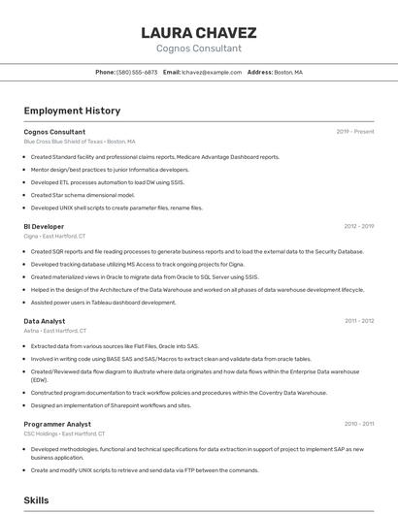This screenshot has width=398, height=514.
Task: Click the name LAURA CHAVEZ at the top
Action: [x=198, y=32]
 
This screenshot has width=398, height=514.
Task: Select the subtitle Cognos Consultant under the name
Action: [x=198, y=48]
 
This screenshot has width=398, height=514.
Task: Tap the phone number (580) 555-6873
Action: [x=137, y=73]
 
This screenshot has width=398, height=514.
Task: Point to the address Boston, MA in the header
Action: [x=288, y=73]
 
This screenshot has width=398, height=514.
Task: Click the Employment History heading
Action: [x=72, y=112]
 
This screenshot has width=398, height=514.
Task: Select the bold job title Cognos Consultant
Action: [x=54, y=132]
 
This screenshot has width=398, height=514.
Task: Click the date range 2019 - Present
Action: [x=355, y=132]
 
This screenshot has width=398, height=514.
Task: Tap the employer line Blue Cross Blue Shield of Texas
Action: [x=80, y=142]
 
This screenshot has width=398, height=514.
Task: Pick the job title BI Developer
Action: [x=44, y=227]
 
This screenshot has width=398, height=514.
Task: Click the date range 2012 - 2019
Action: [x=358, y=227]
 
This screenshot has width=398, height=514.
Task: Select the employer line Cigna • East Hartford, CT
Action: [x=54, y=237]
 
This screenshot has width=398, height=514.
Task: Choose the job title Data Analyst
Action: [x=45, y=321]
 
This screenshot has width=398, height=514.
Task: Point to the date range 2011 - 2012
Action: [x=359, y=321]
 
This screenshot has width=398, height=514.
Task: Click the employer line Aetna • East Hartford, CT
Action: [x=55, y=331]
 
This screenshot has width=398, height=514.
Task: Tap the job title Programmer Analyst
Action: [x=57, y=425]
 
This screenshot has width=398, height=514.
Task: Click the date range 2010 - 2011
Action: [x=359, y=425]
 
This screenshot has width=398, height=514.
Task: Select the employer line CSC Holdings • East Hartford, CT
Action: [x=64, y=434]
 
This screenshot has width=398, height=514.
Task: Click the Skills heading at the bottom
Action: [x=36, y=500]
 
